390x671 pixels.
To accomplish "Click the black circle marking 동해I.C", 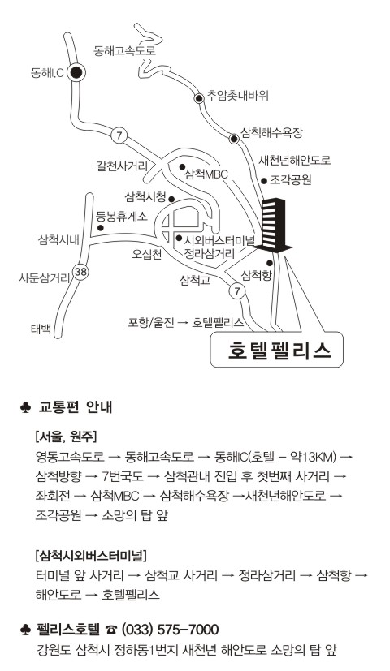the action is [x=76, y=73].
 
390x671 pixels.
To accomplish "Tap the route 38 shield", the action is [x=80, y=272].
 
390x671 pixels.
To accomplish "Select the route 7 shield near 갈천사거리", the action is [x=119, y=136].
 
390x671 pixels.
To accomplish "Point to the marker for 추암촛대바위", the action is [x=199, y=98].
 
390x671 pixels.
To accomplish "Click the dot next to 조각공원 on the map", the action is [x=264, y=181].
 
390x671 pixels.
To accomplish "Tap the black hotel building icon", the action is [x=273, y=225].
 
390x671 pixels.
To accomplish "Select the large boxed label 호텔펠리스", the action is [x=277, y=350].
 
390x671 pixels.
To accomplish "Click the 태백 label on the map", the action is [x=41, y=329].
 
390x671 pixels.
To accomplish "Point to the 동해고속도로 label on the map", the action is [x=124, y=51].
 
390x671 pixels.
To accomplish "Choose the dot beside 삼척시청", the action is [x=171, y=199].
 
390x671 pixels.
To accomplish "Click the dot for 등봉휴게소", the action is [x=100, y=228].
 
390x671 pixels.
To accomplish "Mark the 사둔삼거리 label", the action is [x=44, y=278].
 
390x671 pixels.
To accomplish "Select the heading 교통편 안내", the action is [x=76, y=406].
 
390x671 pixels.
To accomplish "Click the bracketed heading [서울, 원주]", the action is [x=66, y=437].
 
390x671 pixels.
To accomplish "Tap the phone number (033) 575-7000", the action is [x=171, y=630].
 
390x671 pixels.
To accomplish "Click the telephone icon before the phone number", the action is [x=111, y=630].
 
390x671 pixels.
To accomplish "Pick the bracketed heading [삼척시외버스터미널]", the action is [x=91, y=556].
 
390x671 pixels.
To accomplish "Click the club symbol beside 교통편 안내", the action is [x=25, y=407].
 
